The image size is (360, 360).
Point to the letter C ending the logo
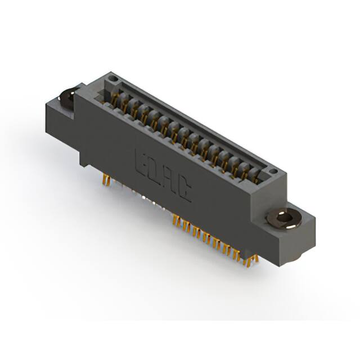(x=184, y=191)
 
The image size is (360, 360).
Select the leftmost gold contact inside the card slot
(x=119, y=100)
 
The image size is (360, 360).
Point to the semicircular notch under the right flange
(x=299, y=255)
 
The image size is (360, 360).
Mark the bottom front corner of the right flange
(x=278, y=264)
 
